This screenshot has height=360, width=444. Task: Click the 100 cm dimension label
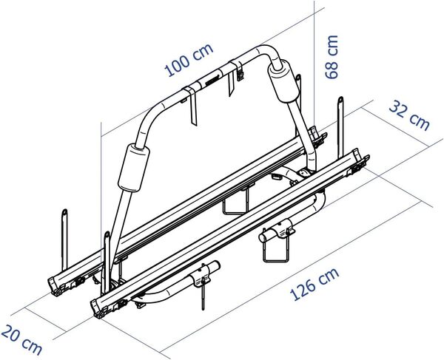187,61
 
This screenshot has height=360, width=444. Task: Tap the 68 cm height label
332,57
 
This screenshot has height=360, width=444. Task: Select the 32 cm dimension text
408,115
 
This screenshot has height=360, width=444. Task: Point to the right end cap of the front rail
359,163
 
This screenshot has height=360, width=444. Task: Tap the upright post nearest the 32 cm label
340,122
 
